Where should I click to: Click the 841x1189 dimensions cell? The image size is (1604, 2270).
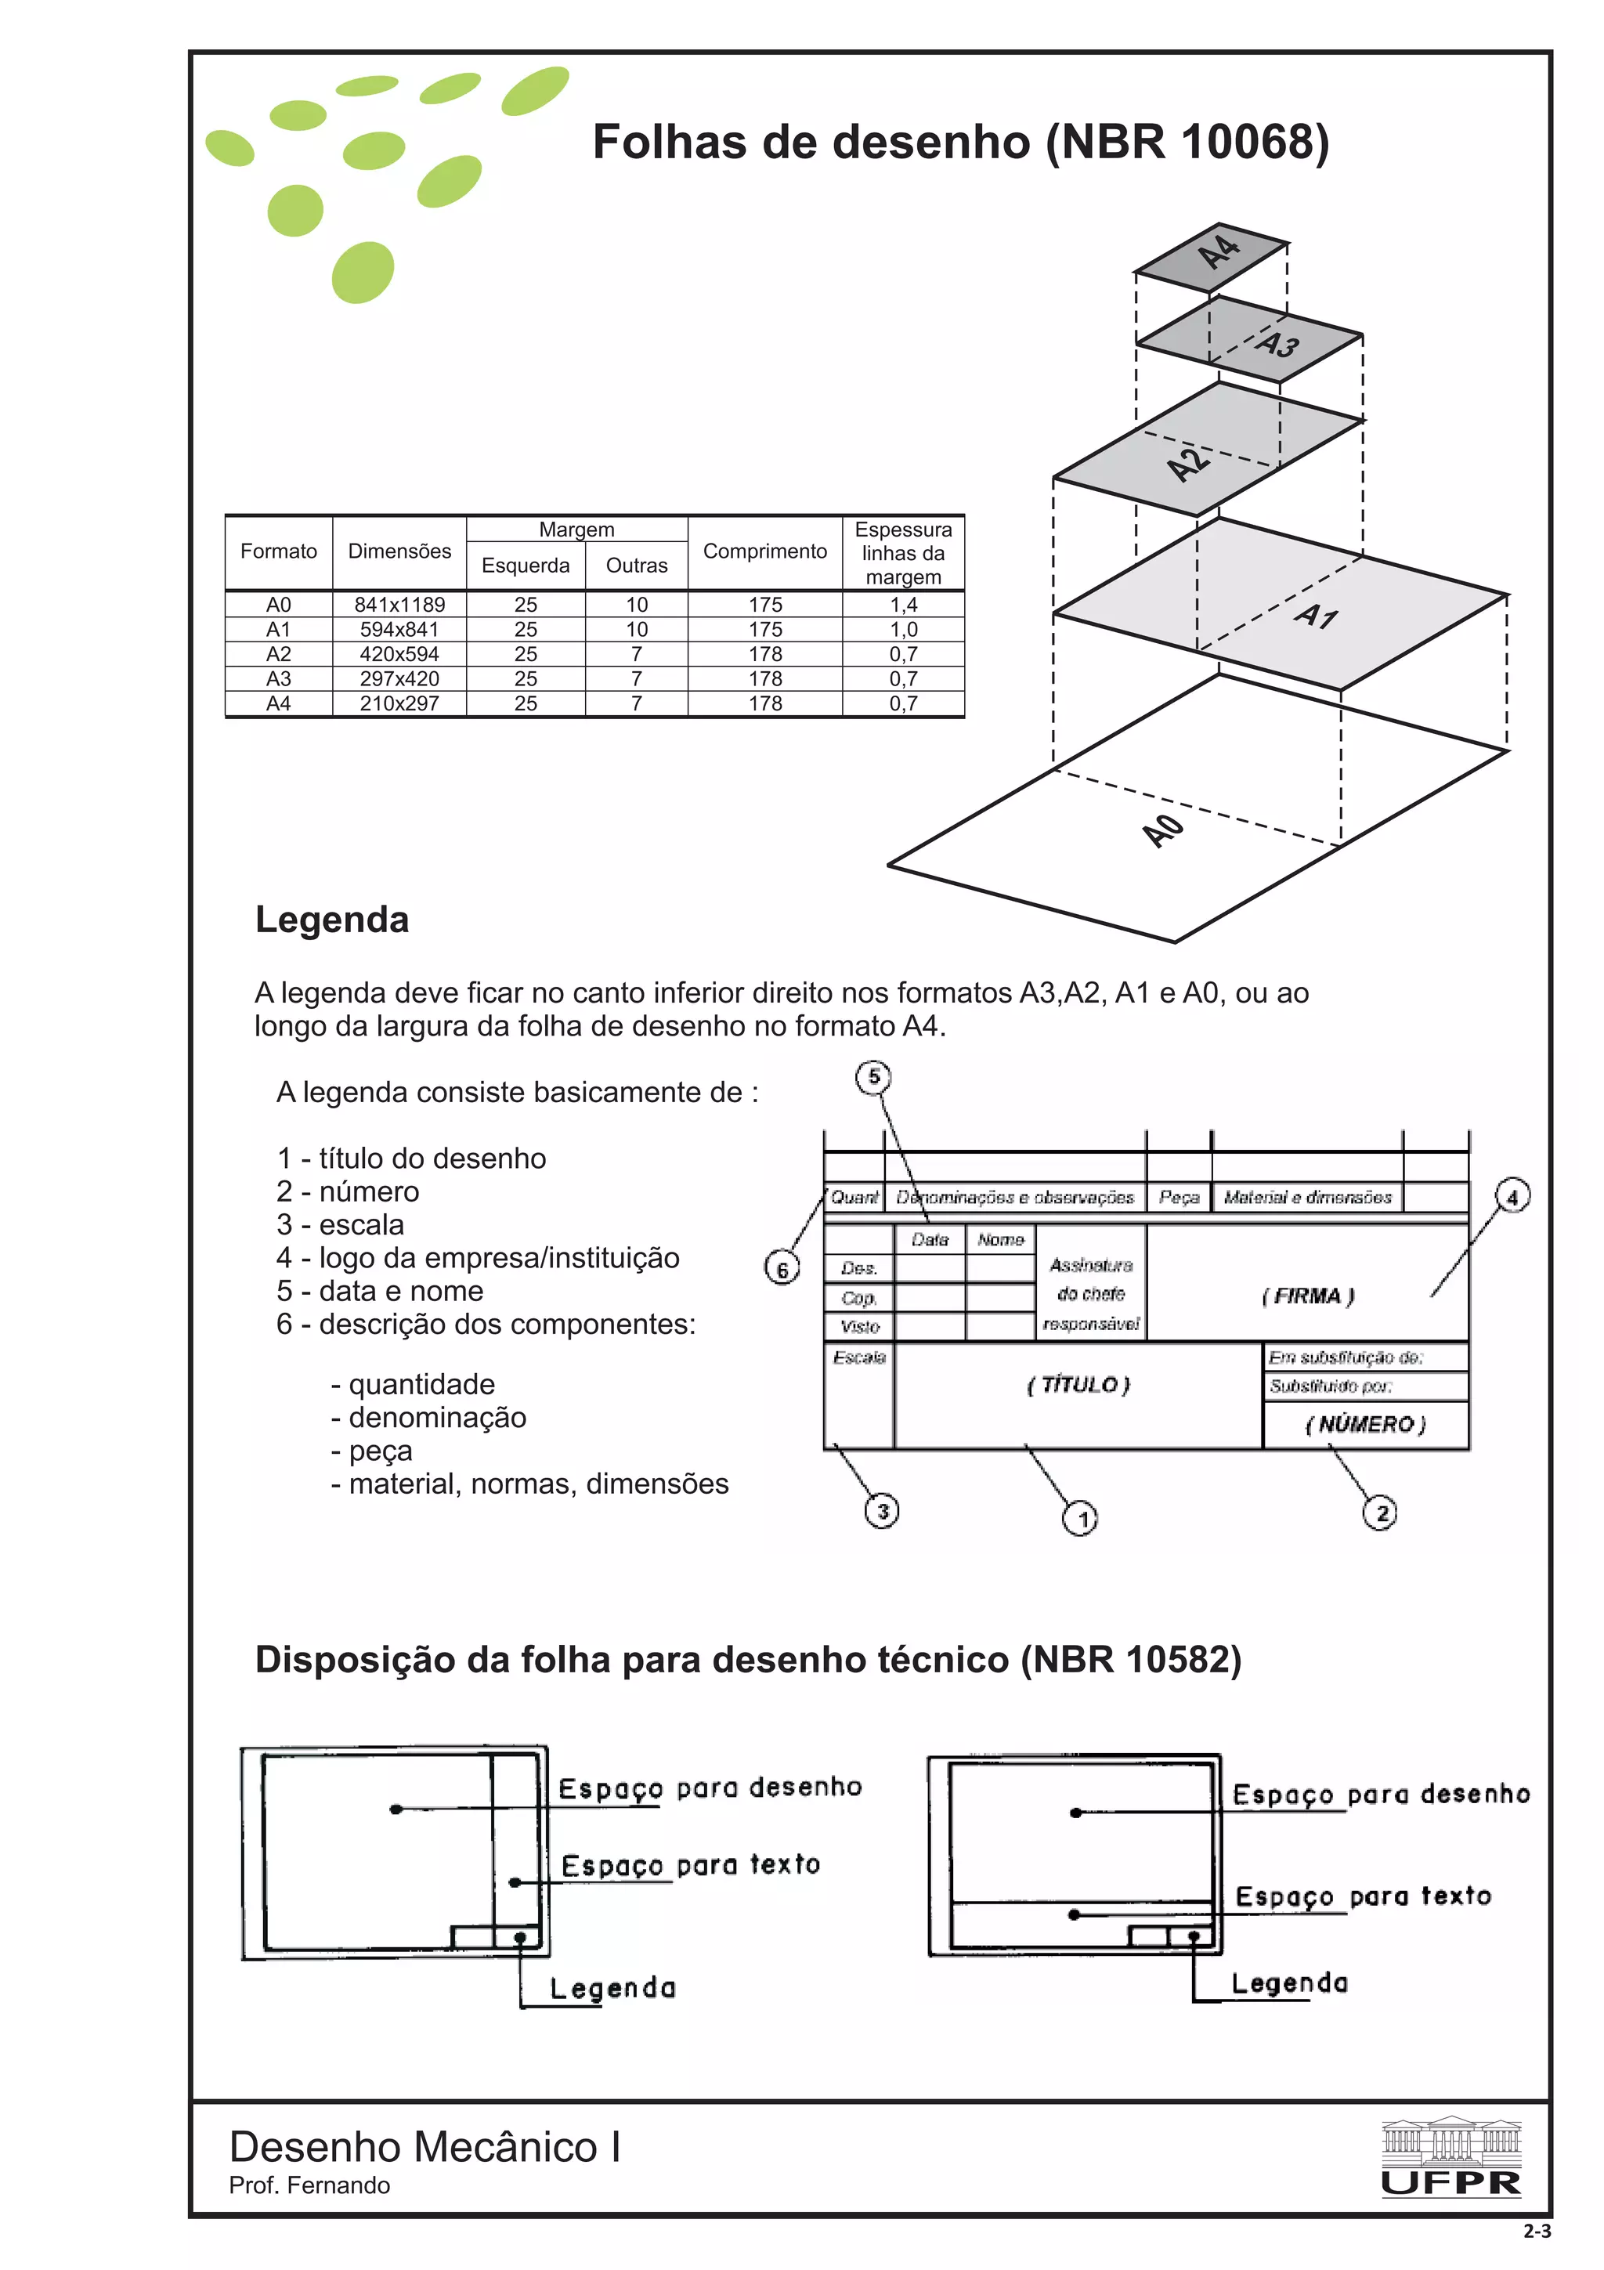pyautogui.click(x=399, y=604)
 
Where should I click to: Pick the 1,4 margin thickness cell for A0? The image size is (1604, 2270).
pyautogui.click(x=902, y=604)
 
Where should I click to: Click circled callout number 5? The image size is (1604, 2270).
pyautogui.click(x=872, y=1077)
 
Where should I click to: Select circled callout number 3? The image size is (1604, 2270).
pyautogui.click(x=882, y=1511)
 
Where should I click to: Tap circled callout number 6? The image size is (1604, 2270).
pyautogui.click(x=782, y=1268)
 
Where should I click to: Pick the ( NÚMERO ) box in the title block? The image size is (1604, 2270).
pyautogui.click(x=1365, y=1425)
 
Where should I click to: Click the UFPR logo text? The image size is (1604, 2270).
pyautogui.click(x=1450, y=2183)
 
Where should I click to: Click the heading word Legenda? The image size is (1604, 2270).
pyautogui.click(x=332, y=920)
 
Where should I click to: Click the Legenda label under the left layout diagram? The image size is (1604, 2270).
pyautogui.click(x=612, y=1988)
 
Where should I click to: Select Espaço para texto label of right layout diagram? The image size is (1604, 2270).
pyautogui.click(x=1362, y=1896)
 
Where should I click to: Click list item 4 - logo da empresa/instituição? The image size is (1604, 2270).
pyautogui.click(x=477, y=1258)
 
